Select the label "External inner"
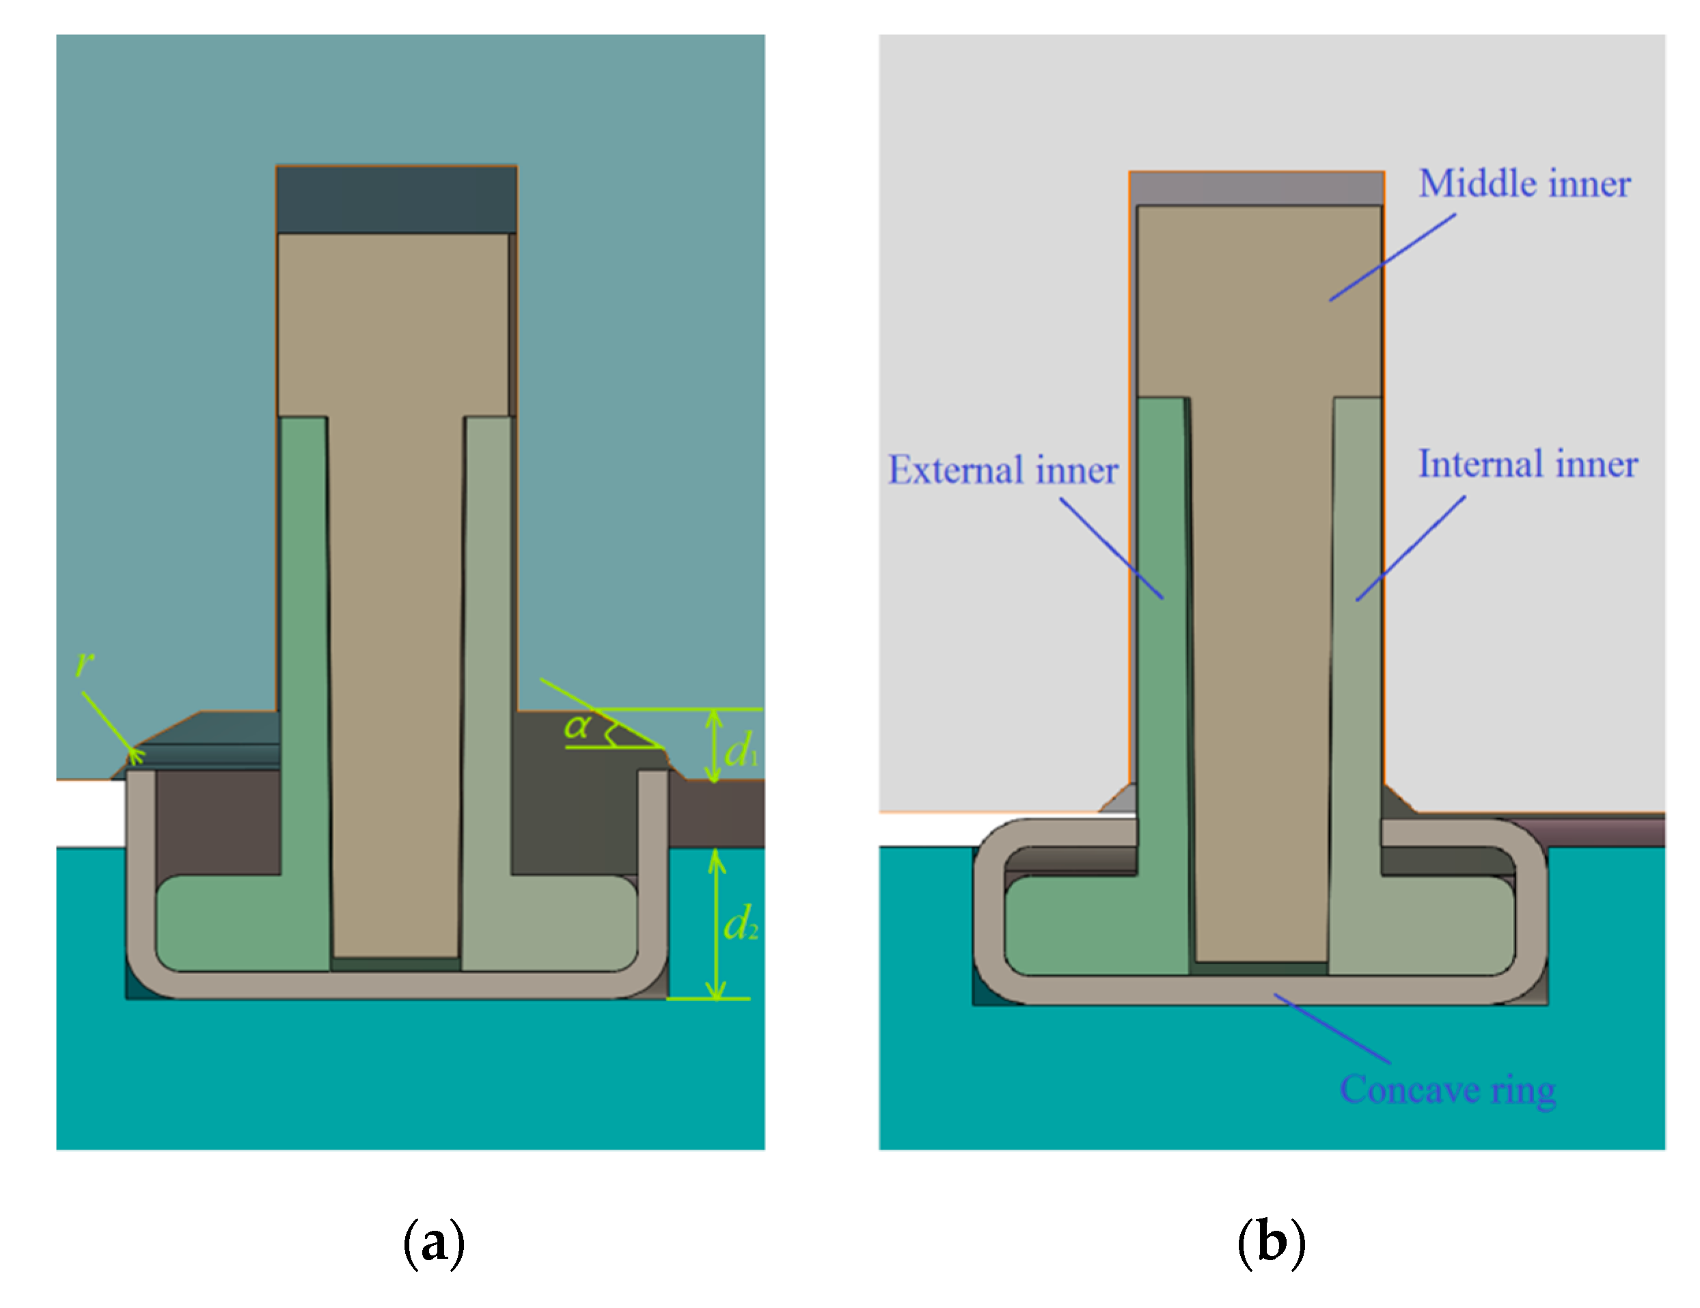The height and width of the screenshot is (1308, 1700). pos(1002,470)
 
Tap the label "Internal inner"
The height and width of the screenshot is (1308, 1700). pos(1527,464)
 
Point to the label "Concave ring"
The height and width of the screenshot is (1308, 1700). pos(1447,1090)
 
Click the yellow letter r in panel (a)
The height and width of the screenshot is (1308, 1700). pos(84,664)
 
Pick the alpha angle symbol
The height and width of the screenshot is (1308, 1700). pos(577,726)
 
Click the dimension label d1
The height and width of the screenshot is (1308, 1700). pos(739,750)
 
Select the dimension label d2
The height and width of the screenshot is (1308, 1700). pos(739,924)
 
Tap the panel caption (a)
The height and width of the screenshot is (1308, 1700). pos(434,1242)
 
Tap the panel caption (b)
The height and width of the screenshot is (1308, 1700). pos(1271,1242)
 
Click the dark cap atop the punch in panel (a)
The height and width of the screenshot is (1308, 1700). pos(396,200)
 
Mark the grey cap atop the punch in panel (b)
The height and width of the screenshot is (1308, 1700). pos(1257,189)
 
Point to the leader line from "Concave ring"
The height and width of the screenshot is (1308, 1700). pos(1332,1028)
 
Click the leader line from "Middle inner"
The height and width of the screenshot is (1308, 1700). pos(1393,258)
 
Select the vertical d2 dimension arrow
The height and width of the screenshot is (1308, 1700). pos(716,924)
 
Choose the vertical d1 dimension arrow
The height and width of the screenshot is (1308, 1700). pos(714,746)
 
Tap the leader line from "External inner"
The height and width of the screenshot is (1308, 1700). pos(1112,549)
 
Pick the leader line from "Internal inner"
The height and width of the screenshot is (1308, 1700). pos(1410,549)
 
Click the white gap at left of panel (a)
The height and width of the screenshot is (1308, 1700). pos(90,813)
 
